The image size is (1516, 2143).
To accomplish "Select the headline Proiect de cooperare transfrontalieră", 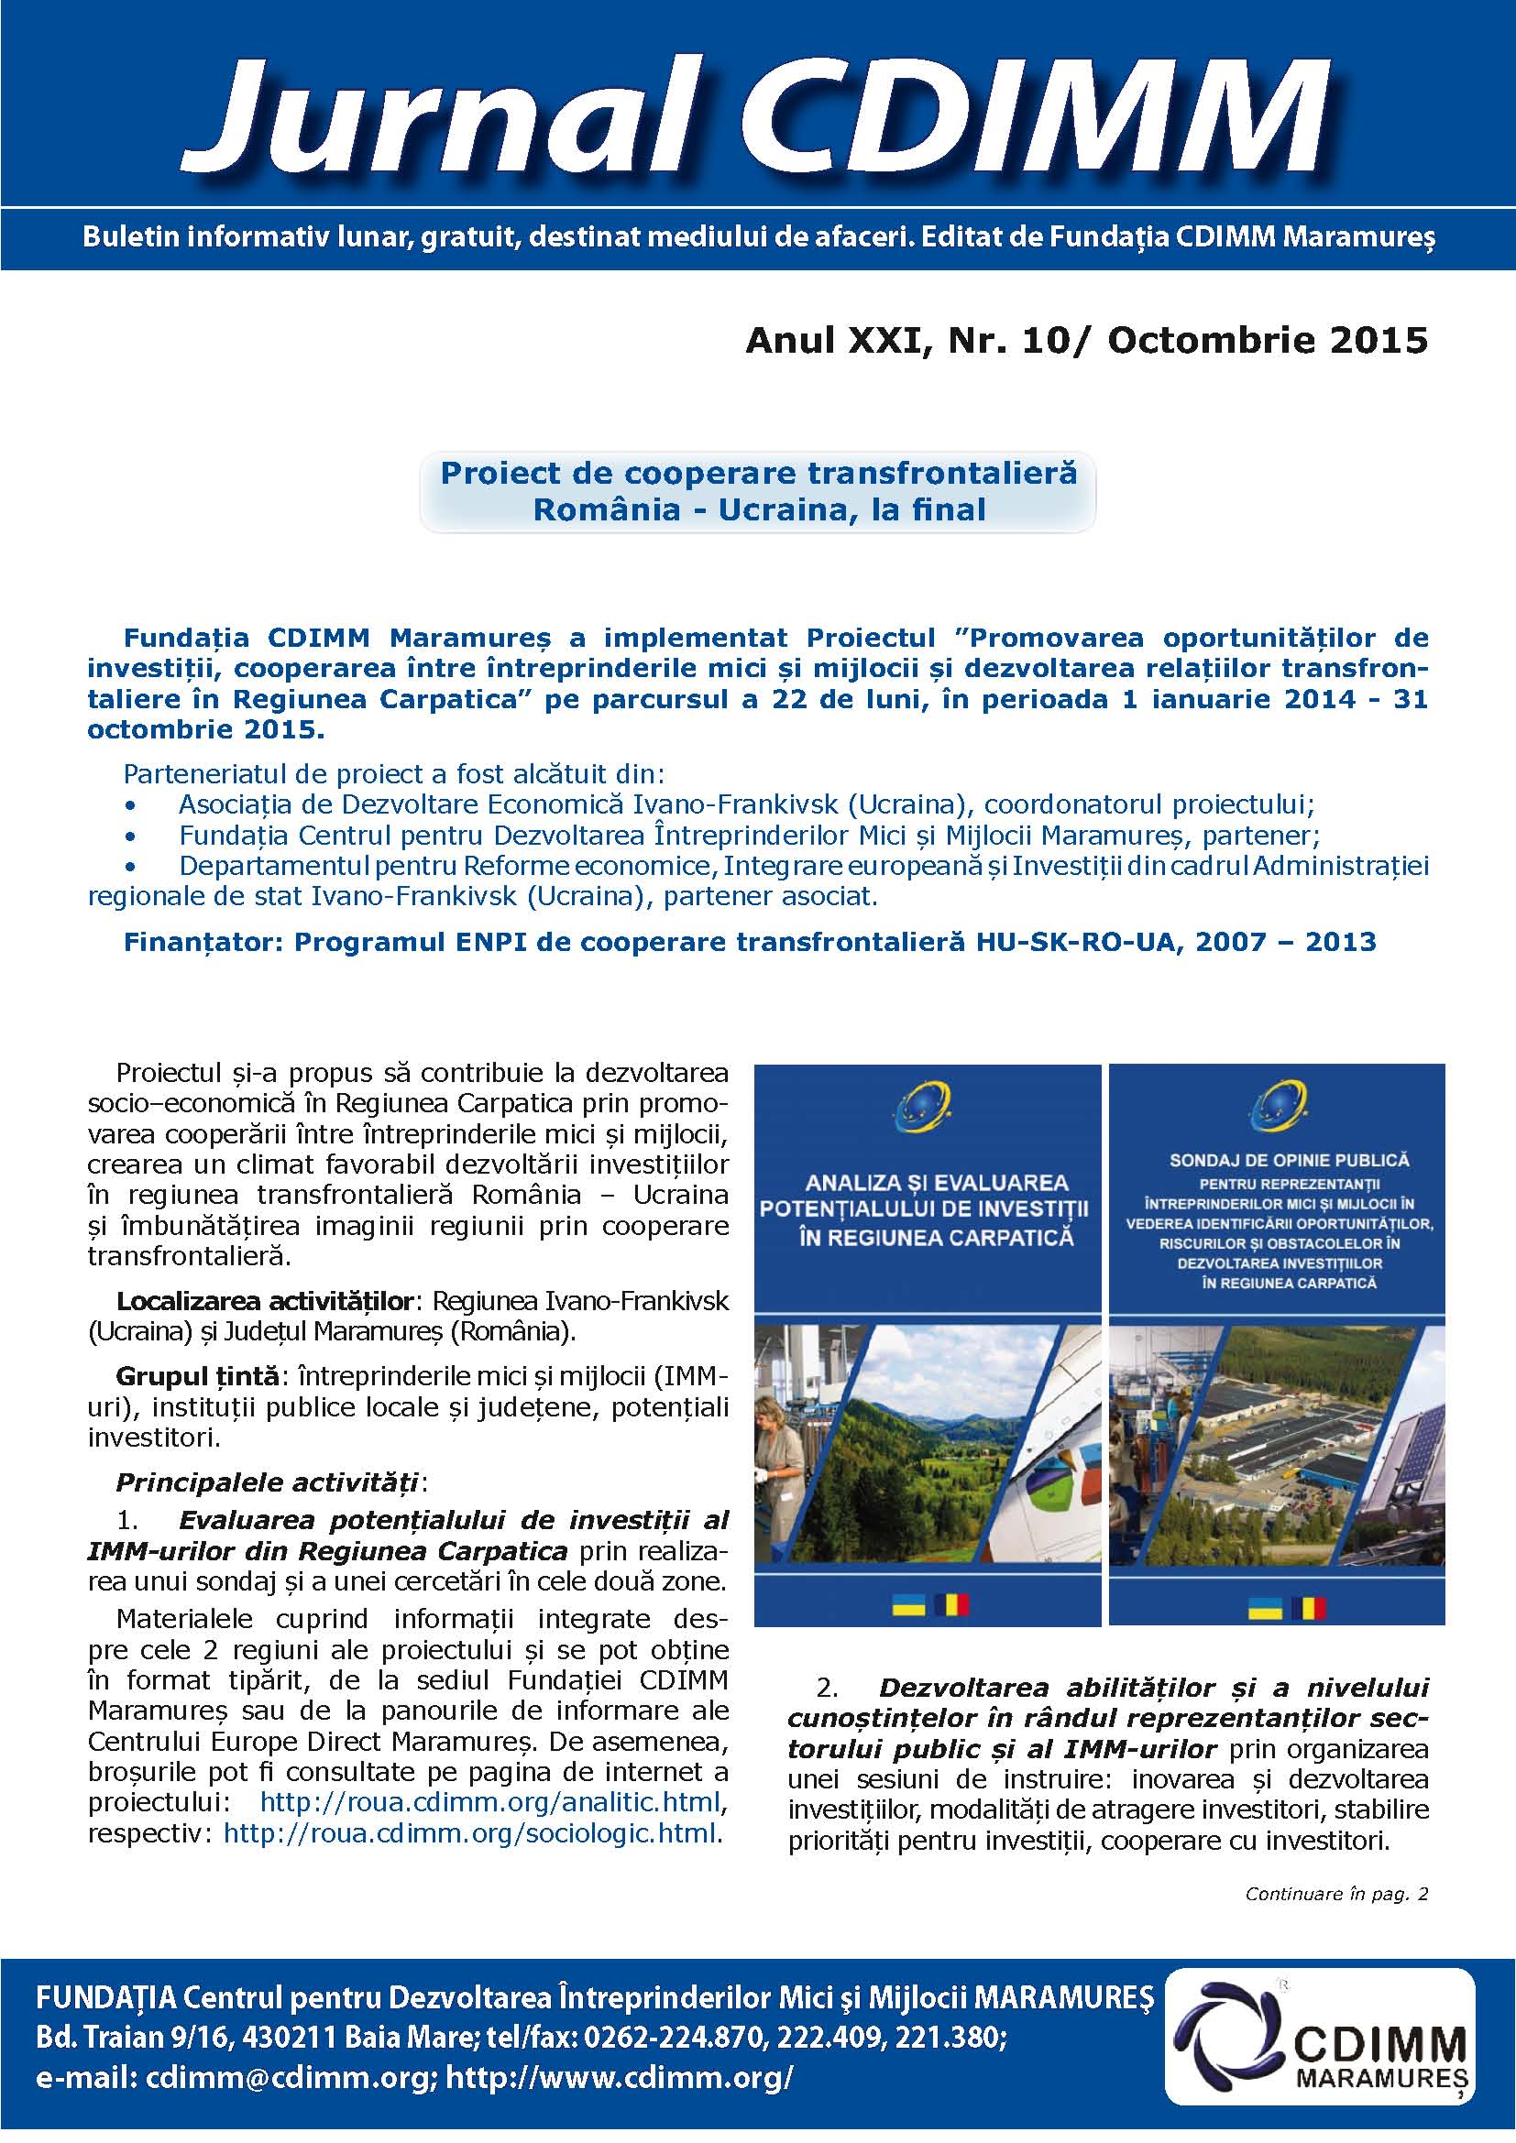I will click(758, 473).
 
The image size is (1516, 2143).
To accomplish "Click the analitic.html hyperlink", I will click(490, 1800).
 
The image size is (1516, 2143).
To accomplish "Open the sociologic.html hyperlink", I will click(470, 1832).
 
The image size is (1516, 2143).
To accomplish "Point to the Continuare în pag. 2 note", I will click(1335, 1894).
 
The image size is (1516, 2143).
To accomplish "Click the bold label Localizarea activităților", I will click(264, 1300).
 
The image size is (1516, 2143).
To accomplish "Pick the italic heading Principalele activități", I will click(268, 1482).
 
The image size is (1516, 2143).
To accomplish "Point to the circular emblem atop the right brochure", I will click(1276, 1105).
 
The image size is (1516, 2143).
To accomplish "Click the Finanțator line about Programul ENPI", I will click(750, 942).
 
